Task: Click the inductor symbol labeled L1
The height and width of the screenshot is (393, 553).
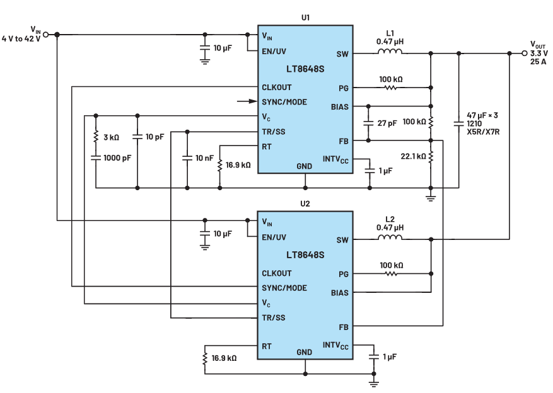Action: [390, 52]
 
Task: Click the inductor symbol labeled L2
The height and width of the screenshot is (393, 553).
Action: [390, 237]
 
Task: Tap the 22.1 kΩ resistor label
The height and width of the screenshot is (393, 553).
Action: [413, 156]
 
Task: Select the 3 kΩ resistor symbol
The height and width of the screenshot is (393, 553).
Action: [96, 137]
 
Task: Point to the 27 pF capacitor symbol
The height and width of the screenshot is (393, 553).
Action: [368, 123]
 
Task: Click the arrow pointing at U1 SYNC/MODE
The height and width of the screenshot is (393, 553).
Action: [247, 101]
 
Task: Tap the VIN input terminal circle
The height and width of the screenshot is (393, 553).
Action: [45, 35]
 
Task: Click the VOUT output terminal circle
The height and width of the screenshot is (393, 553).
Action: [525, 53]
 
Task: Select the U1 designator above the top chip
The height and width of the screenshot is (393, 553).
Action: [305, 18]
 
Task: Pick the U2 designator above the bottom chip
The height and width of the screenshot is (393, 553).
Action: [305, 204]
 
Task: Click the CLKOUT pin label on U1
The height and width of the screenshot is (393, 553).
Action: [277, 88]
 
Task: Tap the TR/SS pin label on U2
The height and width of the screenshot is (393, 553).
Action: [274, 317]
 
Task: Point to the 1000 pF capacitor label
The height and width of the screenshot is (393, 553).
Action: [117, 157]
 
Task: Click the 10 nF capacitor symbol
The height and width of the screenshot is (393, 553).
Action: [187, 157]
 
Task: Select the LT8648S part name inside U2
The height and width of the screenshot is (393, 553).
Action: [305, 255]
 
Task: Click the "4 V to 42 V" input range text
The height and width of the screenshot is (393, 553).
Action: [21, 39]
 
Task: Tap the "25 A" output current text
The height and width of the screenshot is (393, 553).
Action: [538, 62]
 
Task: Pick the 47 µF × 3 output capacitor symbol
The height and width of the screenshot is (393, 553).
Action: [458, 123]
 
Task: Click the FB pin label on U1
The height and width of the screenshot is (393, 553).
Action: [344, 141]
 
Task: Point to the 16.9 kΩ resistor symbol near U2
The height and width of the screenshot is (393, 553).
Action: [204, 358]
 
